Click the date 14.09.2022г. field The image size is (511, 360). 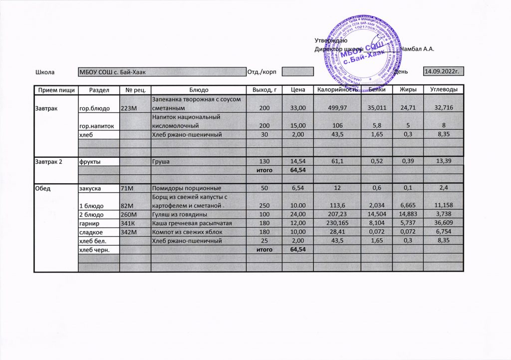pyautogui.click(x=443, y=71)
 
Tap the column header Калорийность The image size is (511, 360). pyautogui.click(x=337, y=89)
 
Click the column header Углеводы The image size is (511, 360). pyautogui.click(x=444, y=89)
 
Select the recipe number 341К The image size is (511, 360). pyautogui.click(x=128, y=223)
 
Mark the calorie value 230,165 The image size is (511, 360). pyautogui.click(x=337, y=223)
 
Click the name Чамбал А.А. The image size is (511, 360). pyautogui.click(x=421, y=49)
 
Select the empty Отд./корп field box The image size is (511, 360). pyautogui.click(x=297, y=72)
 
